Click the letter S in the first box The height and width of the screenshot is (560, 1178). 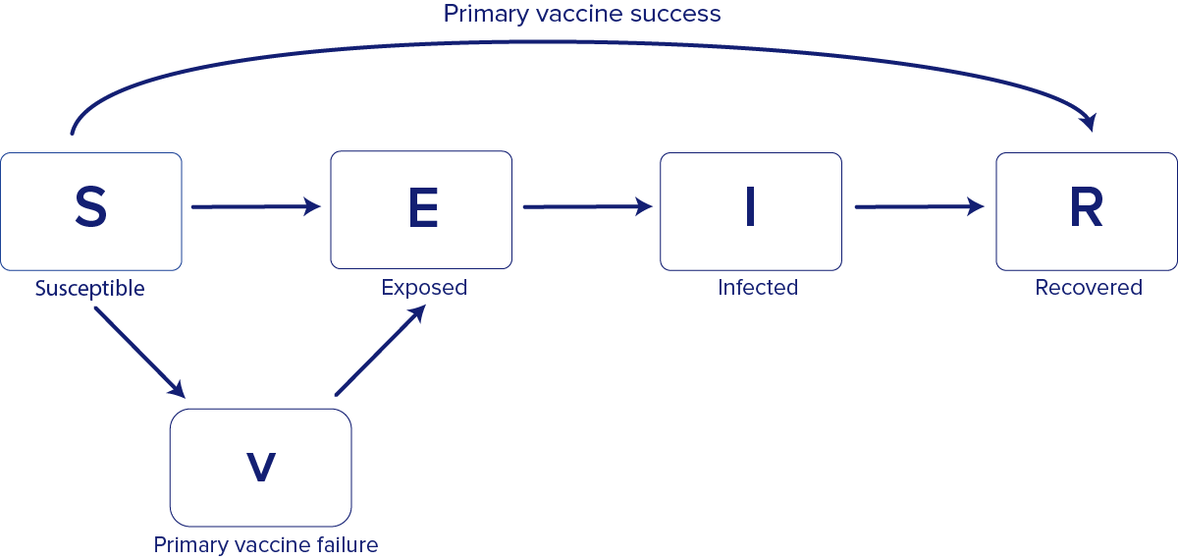(x=90, y=208)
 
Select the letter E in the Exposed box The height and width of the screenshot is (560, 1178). (x=422, y=208)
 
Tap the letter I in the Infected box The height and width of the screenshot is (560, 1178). (x=750, y=208)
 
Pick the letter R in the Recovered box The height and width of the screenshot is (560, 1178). (x=1087, y=208)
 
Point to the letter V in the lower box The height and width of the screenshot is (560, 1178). (x=260, y=468)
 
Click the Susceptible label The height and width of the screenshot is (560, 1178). (x=90, y=289)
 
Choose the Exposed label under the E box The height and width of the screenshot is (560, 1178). (x=424, y=288)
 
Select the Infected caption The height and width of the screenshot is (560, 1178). (x=758, y=288)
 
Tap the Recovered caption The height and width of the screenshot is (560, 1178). (x=1089, y=288)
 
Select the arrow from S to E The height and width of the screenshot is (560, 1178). (x=255, y=206)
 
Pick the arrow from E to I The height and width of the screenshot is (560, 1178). (x=587, y=206)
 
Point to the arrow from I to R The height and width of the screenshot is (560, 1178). (x=919, y=206)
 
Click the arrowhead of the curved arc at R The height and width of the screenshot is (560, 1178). (x=1088, y=122)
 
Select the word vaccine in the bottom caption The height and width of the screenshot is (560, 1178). (x=262, y=544)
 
